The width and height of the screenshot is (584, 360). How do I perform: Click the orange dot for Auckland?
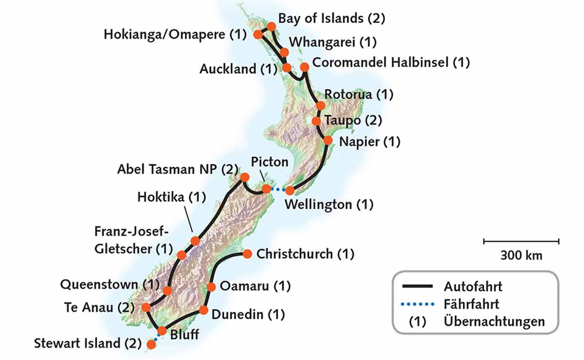[287, 68]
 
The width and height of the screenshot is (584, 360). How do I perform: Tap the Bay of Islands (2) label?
[331, 18]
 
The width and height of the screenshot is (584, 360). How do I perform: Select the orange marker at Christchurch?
[247, 253]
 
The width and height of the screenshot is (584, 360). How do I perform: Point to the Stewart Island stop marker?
[151, 344]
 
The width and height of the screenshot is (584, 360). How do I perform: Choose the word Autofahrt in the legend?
[472, 286]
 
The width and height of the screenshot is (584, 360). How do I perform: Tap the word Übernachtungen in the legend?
[494, 322]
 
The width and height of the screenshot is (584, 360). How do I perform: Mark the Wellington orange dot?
[290, 190]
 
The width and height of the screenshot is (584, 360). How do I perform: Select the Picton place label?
[270, 162]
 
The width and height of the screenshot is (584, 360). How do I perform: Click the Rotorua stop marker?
[320, 105]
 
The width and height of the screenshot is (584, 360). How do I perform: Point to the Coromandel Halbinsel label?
[391, 62]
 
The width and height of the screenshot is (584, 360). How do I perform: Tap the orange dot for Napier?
[328, 141]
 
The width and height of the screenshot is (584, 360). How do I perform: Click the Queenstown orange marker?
[167, 290]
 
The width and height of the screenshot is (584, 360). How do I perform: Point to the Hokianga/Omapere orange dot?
[257, 35]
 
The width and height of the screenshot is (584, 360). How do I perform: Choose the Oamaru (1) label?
[255, 286]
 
